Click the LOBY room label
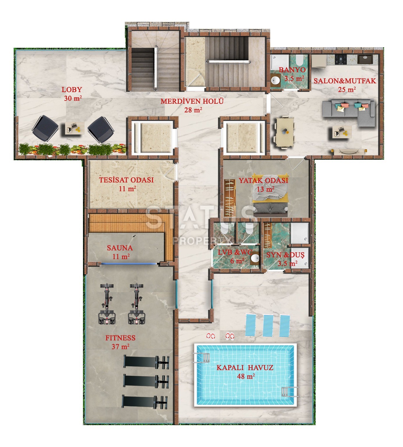coord(72,89)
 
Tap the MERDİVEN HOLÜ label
coord(192,101)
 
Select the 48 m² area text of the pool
coord(246,376)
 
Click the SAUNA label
coord(120,248)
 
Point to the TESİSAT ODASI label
coord(126,180)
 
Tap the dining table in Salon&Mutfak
coord(285,132)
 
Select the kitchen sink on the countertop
coord(365,59)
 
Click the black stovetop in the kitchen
coord(341,59)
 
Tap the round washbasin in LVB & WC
coord(255,258)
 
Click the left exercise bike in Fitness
coord(107,304)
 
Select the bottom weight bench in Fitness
coord(145,402)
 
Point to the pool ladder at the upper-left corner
coord(201,358)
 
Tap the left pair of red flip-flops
coord(211,336)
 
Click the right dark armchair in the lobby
coord(101,129)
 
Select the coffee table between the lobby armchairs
coord(75,128)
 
